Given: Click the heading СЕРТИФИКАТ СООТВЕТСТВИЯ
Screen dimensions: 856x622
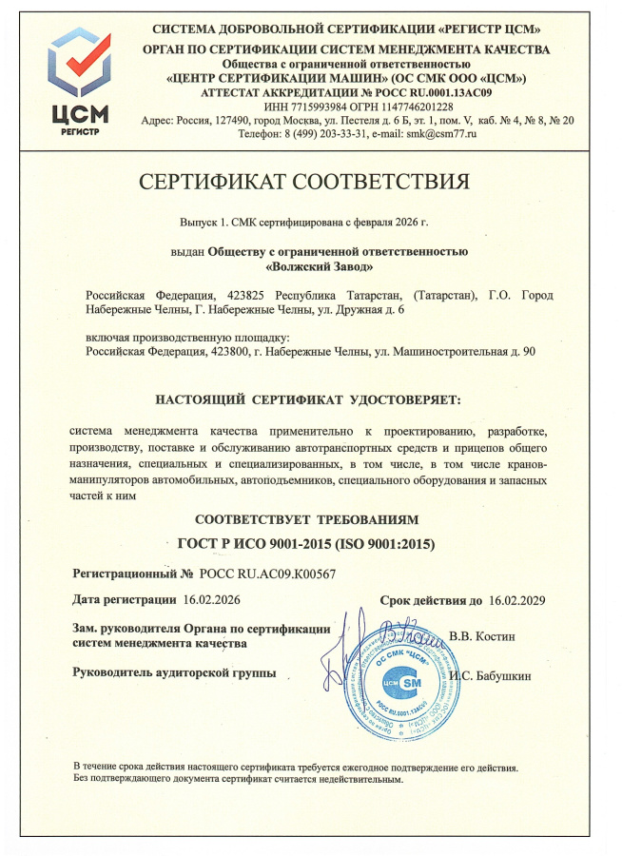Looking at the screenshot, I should [x=304, y=182].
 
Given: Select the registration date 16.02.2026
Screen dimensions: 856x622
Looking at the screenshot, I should [x=213, y=600].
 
